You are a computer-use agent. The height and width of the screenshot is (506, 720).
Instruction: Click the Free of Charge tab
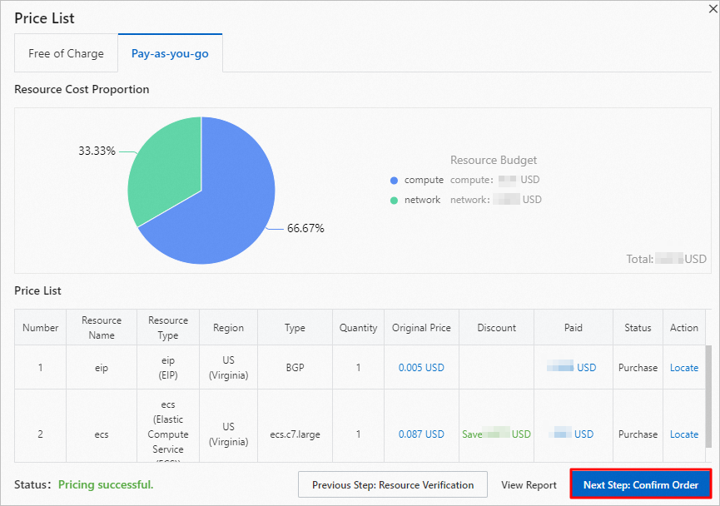pyautogui.click(x=66, y=53)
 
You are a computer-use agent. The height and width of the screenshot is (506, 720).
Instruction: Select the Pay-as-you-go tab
pyautogui.click(x=170, y=53)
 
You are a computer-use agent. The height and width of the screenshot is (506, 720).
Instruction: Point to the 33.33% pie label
pyautogui.click(x=97, y=151)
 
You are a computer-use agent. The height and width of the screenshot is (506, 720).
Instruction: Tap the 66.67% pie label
pyautogui.click(x=305, y=228)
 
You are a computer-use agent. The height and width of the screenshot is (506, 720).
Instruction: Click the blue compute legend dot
pyautogui.click(x=394, y=181)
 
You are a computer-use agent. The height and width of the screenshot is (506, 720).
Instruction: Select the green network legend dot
pyautogui.click(x=394, y=201)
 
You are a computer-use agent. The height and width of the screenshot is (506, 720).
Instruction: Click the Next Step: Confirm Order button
pyautogui.click(x=641, y=484)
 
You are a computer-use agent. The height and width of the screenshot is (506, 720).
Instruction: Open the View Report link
pyautogui.click(x=529, y=484)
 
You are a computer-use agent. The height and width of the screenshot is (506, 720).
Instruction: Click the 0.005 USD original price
pyautogui.click(x=421, y=367)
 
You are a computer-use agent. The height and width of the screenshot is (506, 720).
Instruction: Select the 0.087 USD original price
pyautogui.click(x=421, y=434)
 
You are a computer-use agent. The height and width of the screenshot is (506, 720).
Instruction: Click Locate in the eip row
pyautogui.click(x=684, y=367)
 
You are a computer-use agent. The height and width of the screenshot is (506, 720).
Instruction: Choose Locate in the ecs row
pyautogui.click(x=684, y=434)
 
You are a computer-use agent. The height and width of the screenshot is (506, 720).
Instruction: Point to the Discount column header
pyautogui.click(x=496, y=328)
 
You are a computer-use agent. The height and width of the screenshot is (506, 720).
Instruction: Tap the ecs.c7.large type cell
pyautogui.click(x=295, y=434)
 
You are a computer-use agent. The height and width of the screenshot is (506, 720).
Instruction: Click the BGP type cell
pyautogui.click(x=295, y=367)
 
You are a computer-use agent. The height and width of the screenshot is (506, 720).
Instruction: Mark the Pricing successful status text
pyautogui.click(x=106, y=484)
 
